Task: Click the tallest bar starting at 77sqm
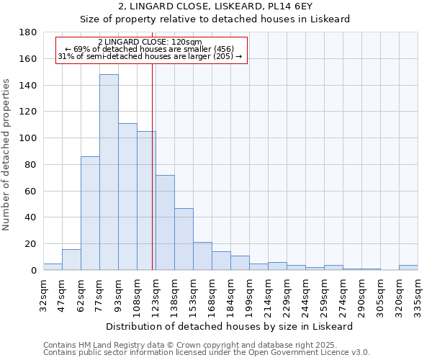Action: click(x=109, y=172)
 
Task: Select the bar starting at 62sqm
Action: click(x=90, y=213)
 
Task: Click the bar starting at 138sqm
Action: click(x=184, y=239)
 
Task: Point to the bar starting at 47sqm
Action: click(x=71, y=260)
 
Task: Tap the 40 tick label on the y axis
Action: click(x=32, y=217)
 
